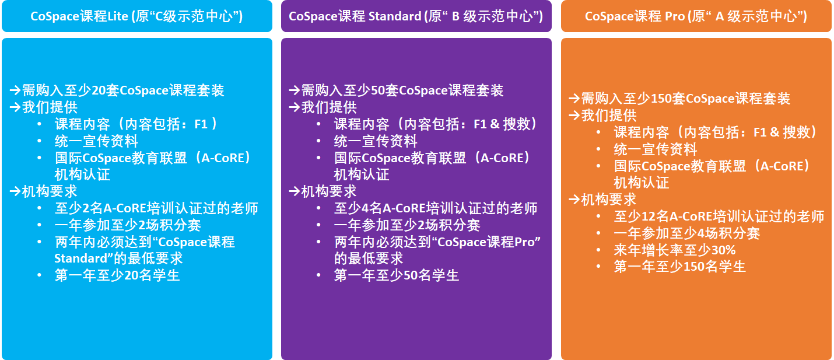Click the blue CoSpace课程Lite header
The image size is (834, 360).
[x=137, y=16]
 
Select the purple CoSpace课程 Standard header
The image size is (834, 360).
[x=416, y=16]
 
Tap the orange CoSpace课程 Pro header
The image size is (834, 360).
[x=696, y=16]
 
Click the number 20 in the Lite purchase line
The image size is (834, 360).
[x=99, y=90]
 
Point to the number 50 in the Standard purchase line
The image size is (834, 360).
[x=378, y=90]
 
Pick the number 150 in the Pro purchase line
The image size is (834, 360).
[x=661, y=99]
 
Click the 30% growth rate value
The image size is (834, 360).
[x=723, y=250]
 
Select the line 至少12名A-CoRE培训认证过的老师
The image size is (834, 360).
[x=719, y=216]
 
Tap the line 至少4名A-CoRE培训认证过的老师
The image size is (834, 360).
[x=436, y=208]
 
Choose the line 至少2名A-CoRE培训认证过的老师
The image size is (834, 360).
[x=156, y=208]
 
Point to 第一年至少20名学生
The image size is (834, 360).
[x=117, y=275]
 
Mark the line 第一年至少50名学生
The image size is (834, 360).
[x=397, y=275]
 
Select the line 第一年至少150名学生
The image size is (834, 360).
[x=680, y=267]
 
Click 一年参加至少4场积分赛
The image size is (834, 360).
[x=687, y=233]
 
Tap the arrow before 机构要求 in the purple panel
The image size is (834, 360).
[x=294, y=191]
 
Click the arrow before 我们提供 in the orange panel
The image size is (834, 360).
[x=574, y=115]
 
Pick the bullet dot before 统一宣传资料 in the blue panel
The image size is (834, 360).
[x=40, y=141]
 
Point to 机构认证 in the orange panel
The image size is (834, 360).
[x=642, y=183]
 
